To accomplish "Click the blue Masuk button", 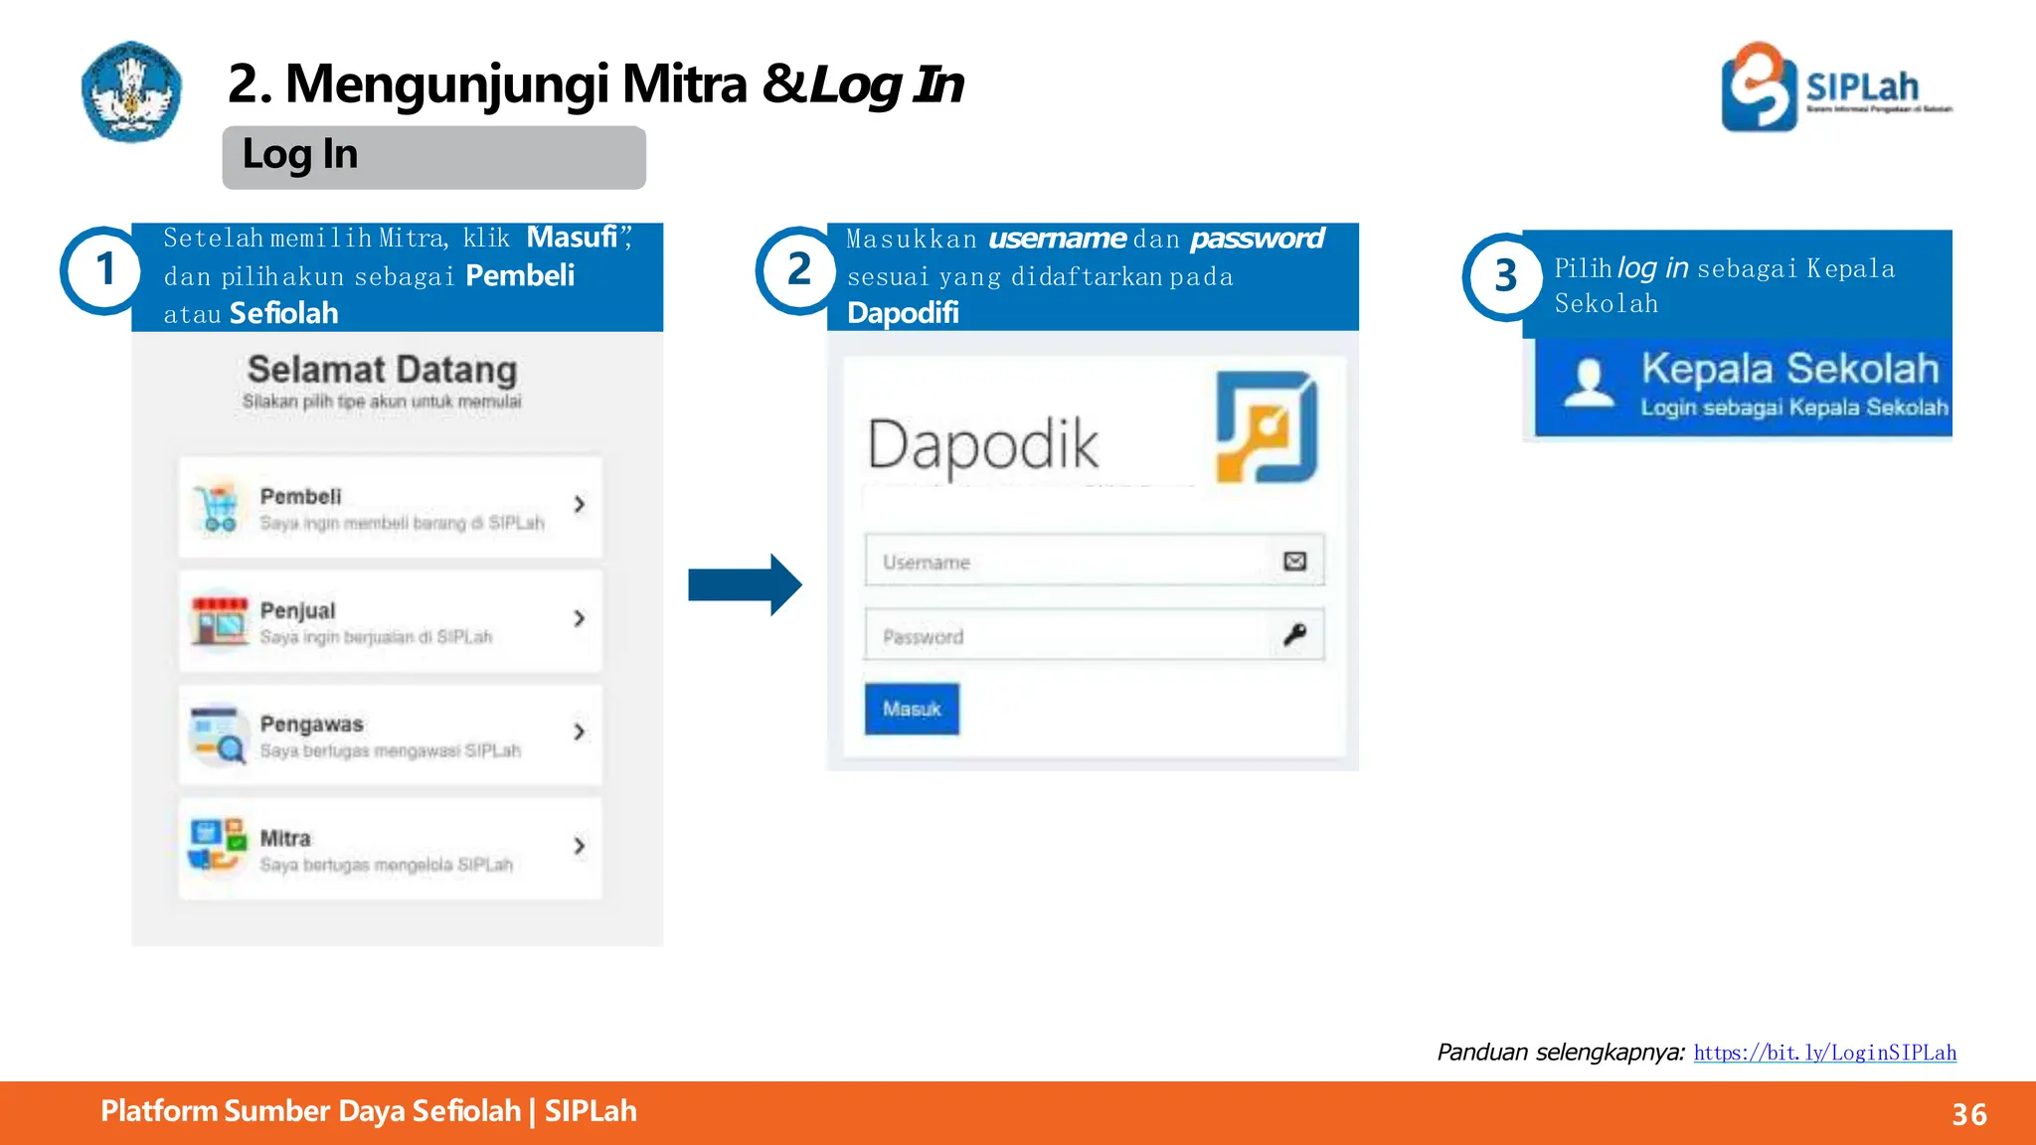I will coord(912,709).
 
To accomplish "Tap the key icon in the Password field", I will coord(1294,634).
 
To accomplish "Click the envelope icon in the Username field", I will coord(1294,562).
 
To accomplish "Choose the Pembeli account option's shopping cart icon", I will coord(218,508).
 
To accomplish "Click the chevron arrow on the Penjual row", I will coord(580,618).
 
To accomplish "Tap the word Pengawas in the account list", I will coord(311,725).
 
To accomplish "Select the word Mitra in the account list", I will coord(285,838).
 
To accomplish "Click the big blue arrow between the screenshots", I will coord(745,584).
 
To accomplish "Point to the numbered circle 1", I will coord(104,270).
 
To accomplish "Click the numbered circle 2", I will coord(798,270).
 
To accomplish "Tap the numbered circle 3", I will coord(1505,276).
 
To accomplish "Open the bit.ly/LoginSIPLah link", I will coord(1824,1053).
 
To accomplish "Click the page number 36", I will coord(1968,1114).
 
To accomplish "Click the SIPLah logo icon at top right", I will coord(1759,86).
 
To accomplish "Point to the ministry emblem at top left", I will coord(131,91).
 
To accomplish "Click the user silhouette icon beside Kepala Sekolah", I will coord(1589,383).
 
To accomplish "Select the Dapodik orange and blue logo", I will coord(1267,426).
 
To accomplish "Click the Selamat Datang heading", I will coord(382,370).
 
